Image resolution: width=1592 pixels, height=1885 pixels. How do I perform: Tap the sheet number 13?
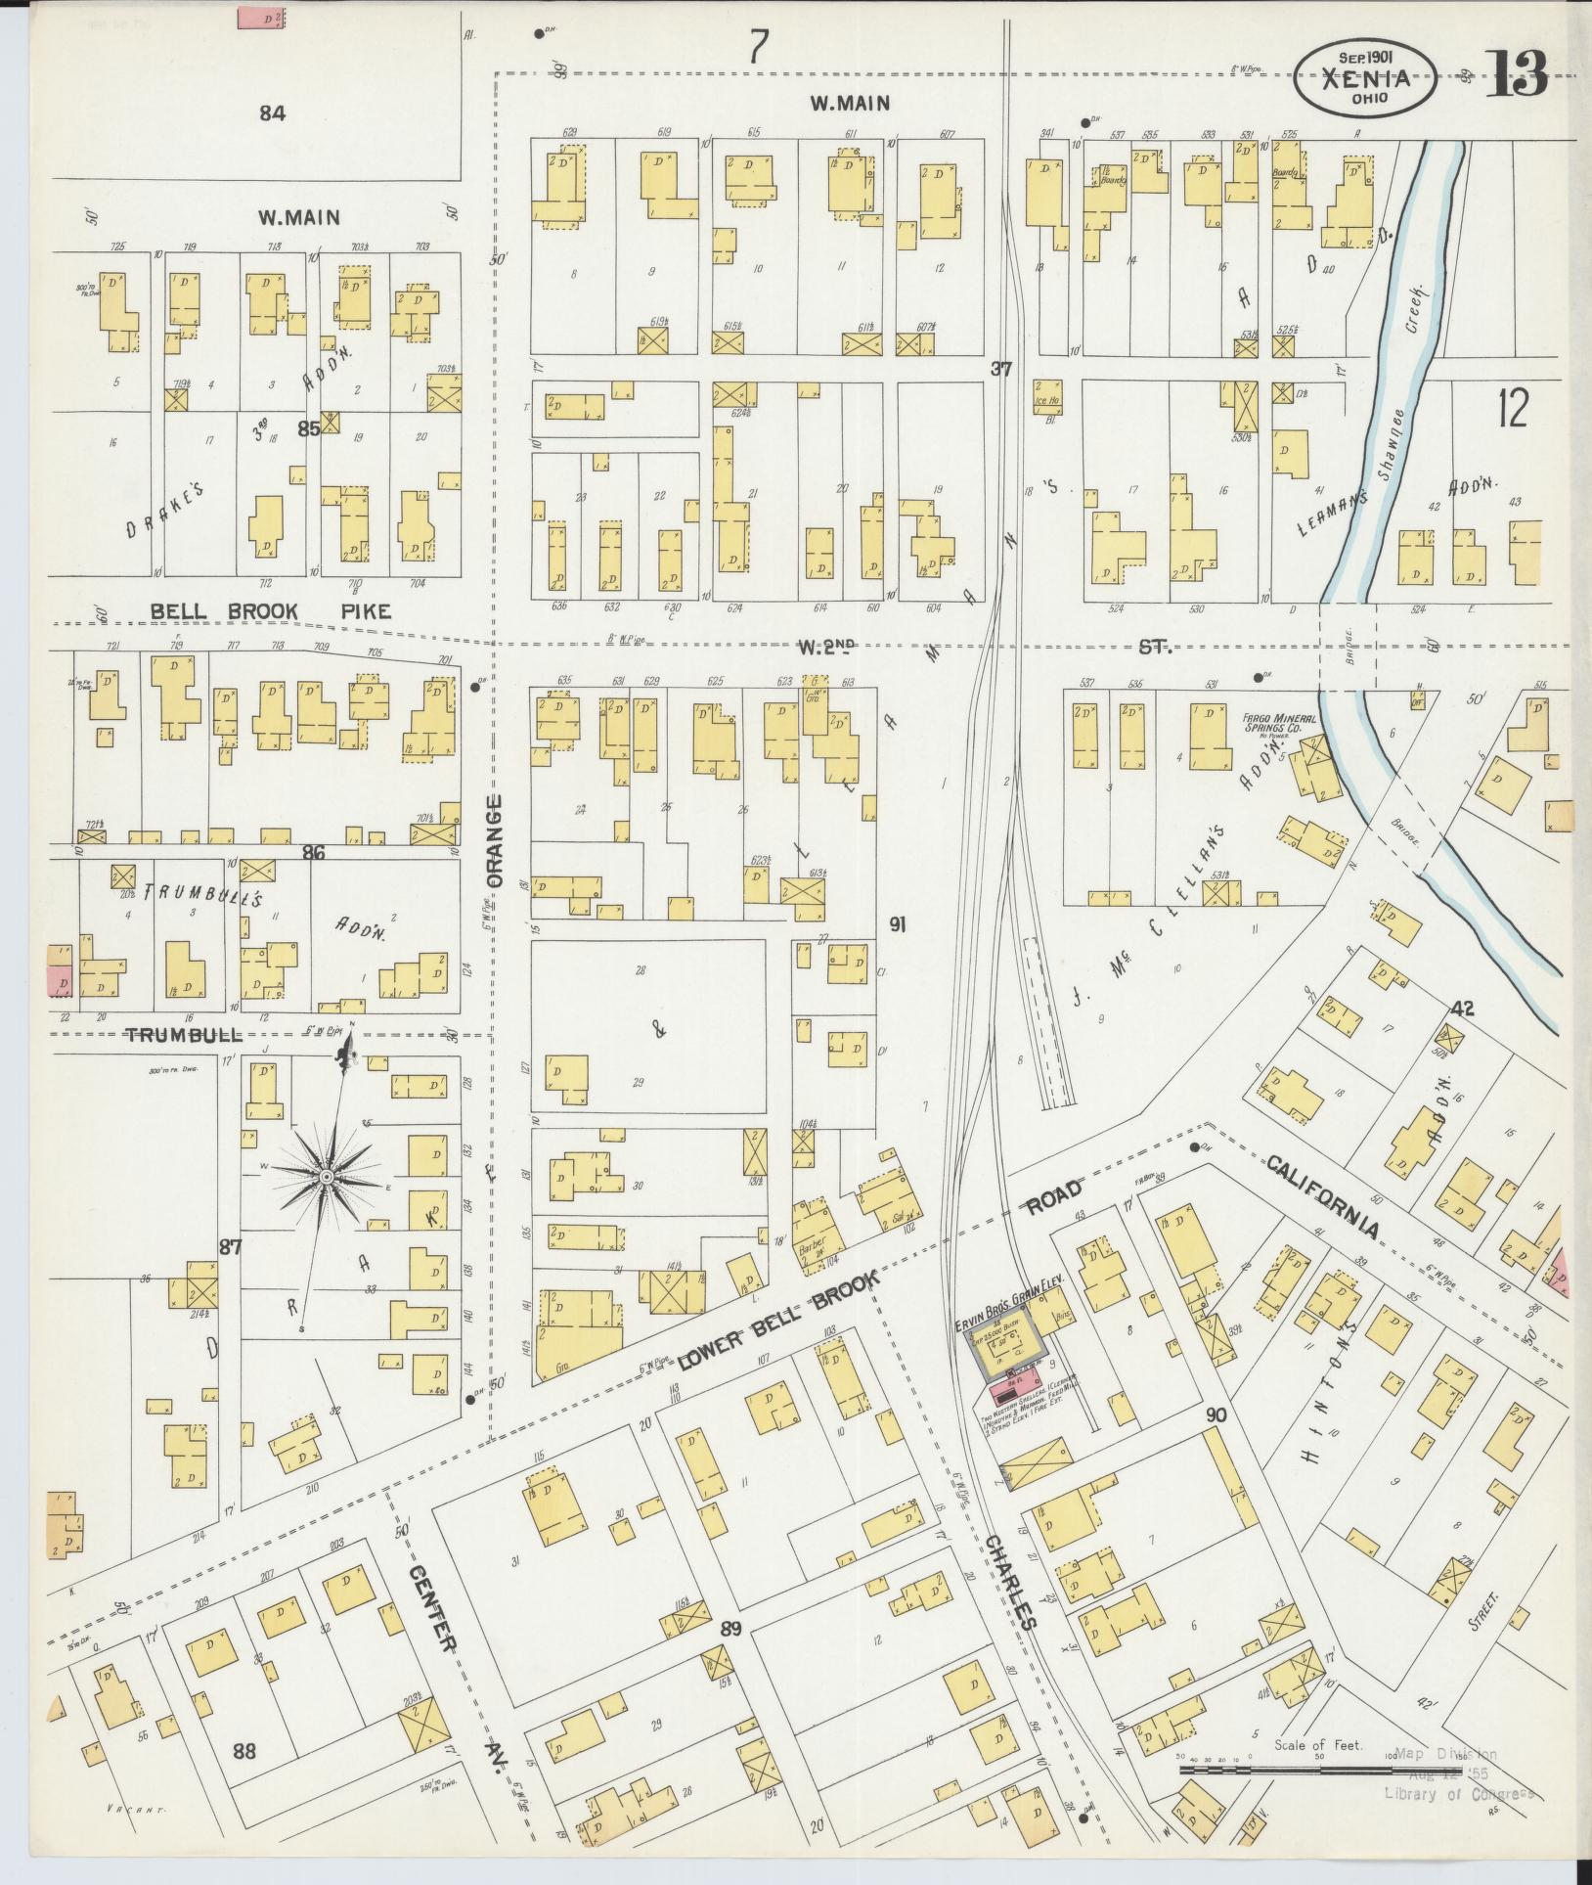tap(1517, 73)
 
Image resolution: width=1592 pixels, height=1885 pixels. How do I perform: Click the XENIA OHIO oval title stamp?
tap(1366, 78)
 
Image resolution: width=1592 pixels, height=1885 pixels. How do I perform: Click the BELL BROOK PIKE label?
tap(271, 612)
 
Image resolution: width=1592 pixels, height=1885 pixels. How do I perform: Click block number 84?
tap(272, 113)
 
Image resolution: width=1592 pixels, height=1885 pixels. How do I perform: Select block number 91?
tap(897, 922)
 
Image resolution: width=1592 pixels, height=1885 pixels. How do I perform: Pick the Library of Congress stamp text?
tap(1457, 1792)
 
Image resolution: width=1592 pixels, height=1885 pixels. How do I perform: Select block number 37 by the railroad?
tap(999, 369)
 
